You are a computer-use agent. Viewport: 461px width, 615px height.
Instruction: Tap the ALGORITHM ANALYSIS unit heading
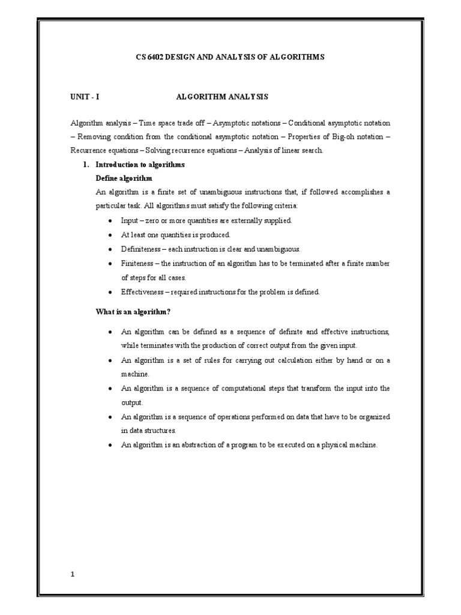222,96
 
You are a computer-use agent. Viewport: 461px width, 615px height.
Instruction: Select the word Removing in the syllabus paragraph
94,136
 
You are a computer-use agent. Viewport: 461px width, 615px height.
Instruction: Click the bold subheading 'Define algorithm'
124,178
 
